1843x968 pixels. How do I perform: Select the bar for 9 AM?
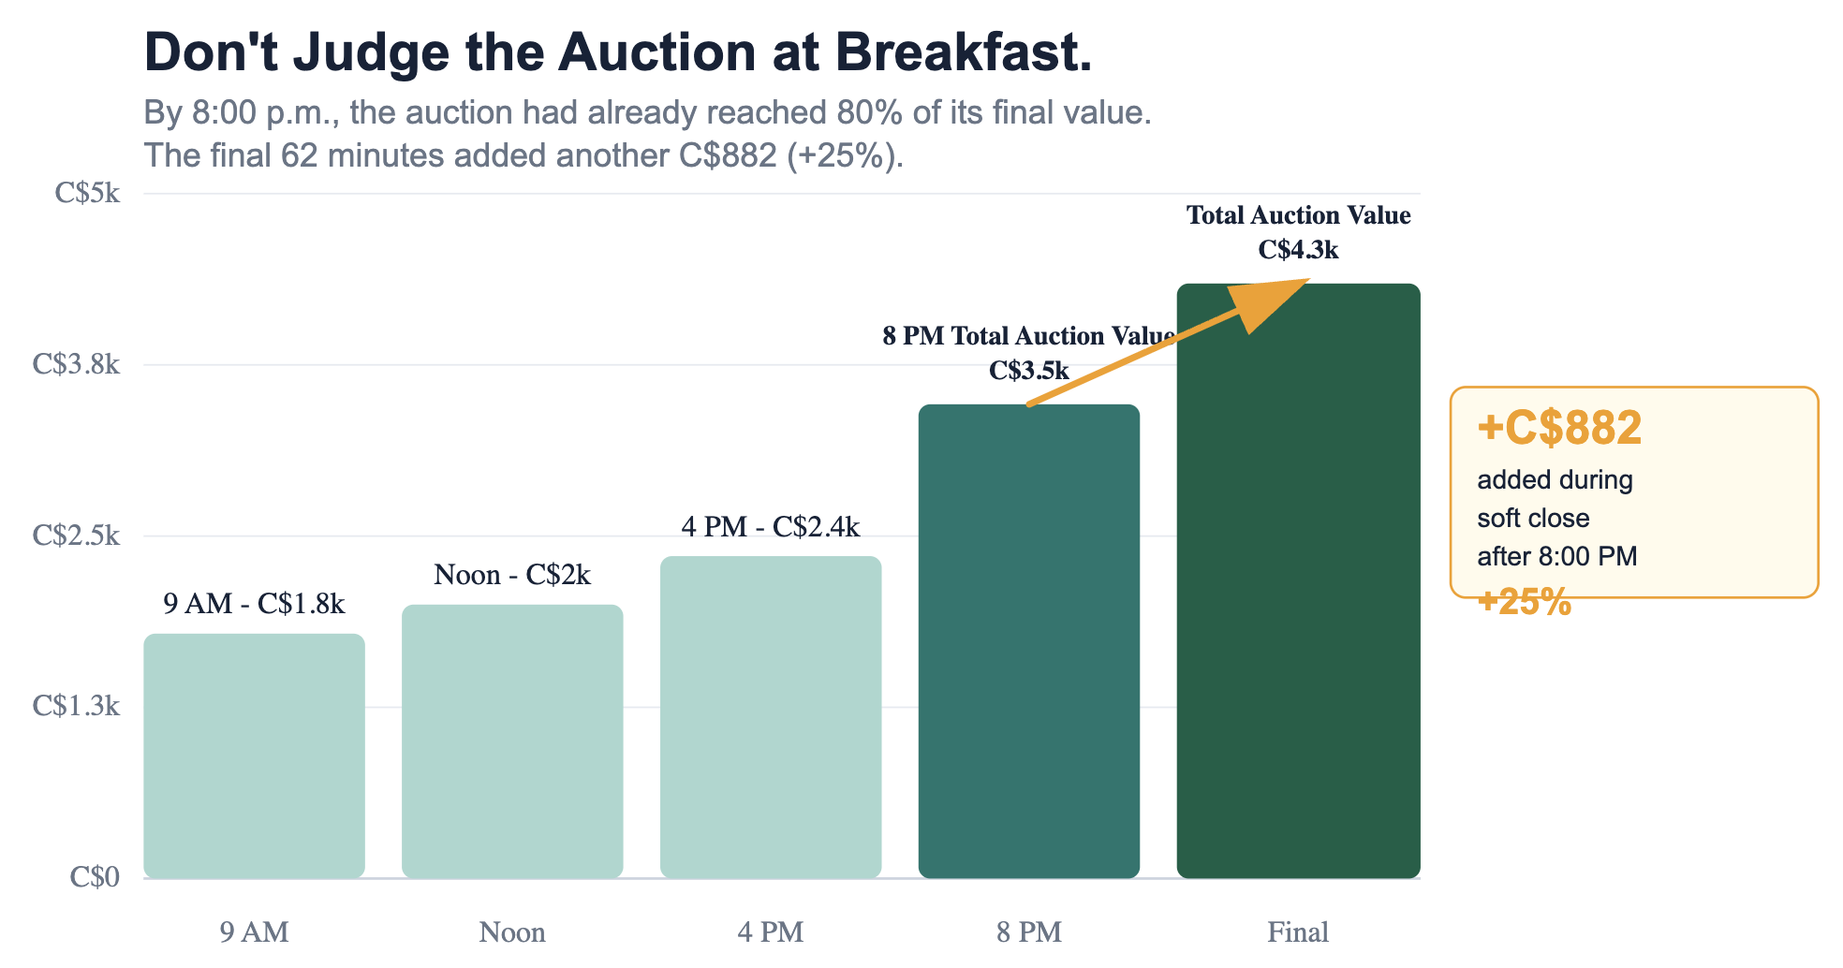point(254,756)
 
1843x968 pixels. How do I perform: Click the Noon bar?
point(512,741)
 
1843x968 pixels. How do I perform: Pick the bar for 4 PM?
point(771,717)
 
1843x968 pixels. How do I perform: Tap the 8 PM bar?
point(1029,641)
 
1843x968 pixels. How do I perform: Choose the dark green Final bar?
point(1298,580)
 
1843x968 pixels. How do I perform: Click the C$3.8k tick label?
point(77,364)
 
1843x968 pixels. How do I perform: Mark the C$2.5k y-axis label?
point(77,535)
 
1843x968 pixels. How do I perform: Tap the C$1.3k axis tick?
point(77,706)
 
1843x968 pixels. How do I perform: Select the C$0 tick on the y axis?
point(95,877)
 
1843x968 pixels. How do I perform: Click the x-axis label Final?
point(1298,932)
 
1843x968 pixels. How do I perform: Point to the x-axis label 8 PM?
point(1029,932)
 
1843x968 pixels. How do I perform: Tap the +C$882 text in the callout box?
point(1559,428)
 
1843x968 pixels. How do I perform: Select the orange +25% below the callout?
point(1524,602)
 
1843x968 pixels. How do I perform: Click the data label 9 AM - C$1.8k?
point(254,604)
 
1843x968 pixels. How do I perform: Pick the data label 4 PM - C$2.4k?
point(771,527)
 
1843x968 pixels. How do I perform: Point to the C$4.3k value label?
point(1298,250)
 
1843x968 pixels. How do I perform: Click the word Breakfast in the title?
point(964,52)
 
